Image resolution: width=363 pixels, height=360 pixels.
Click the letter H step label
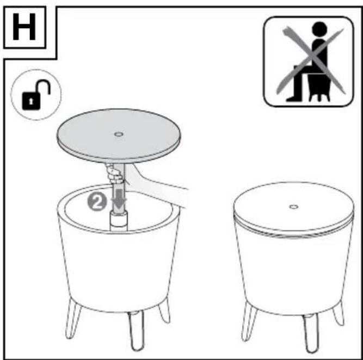pyautogui.click(x=24, y=27)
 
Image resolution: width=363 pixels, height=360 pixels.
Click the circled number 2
pyautogui.click(x=97, y=202)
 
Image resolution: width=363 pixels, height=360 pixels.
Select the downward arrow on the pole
pyautogui.click(x=119, y=198)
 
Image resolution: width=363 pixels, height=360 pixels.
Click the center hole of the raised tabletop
pyautogui.click(x=119, y=134)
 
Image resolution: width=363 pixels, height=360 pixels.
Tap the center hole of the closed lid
pyautogui.click(x=293, y=207)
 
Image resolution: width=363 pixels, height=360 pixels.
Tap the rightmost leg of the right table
pyautogui.click(x=339, y=313)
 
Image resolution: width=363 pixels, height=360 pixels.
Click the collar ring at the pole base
pyautogui.click(x=119, y=220)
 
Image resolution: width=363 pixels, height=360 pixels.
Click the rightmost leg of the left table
pyautogui.click(x=164, y=311)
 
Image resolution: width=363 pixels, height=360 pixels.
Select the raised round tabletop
pyautogui.click(x=119, y=136)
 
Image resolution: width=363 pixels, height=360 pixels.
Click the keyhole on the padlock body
pyautogui.click(x=31, y=101)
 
